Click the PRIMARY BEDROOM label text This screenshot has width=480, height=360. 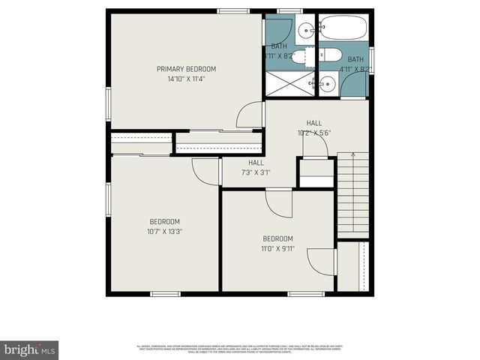[x=181, y=69]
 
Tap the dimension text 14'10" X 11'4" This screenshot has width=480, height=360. [x=181, y=78]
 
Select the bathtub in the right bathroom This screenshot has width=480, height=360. [x=343, y=29]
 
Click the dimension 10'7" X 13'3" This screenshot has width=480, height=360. [x=165, y=231]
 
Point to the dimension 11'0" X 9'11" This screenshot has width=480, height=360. [x=278, y=248]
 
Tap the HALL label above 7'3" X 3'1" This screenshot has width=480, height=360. [x=256, y=162]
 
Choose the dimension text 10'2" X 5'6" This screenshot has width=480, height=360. [x=314, y=133]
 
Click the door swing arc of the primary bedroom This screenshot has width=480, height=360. [x=250, y=115]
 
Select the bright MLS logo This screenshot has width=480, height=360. [x=30, y=349]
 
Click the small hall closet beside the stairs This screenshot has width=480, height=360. [x=316, y=173]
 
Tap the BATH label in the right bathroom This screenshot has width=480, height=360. [x=355, y=59]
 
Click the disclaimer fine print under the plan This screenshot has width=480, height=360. [x=240, y=348]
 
